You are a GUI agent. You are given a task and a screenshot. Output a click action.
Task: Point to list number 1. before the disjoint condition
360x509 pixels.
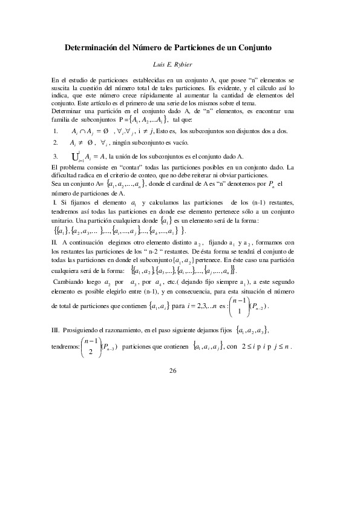[56, 130]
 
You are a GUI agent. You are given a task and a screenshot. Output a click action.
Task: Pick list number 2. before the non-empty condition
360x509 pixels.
[56, 143]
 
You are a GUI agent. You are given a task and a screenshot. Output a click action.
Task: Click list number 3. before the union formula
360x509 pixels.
[56, 156]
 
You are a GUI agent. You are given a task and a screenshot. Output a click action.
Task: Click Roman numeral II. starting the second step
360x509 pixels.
[55, 243]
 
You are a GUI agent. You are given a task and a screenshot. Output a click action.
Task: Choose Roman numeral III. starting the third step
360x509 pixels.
[56, 329]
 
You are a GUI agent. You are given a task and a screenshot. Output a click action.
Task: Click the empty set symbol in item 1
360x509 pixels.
[106, 130]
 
